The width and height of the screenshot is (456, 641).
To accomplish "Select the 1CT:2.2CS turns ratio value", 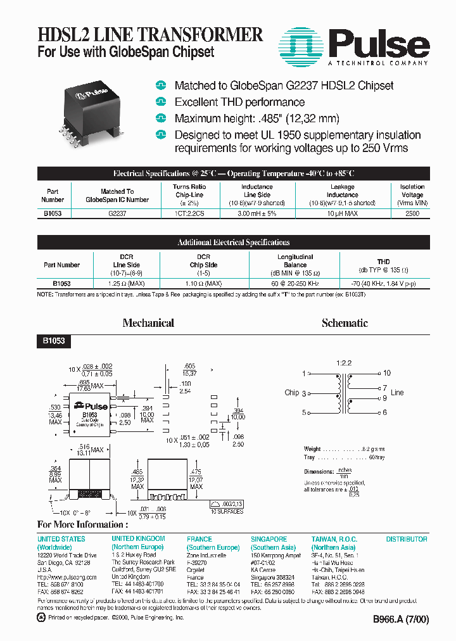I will pyautogui.click(x=189, y=214).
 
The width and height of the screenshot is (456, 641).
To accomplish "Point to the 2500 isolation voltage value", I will pyautogui.click(x=412, y=214).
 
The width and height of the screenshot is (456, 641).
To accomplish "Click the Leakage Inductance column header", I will pyautogui.click(x=343, y=195).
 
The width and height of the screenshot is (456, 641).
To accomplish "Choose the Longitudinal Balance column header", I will pyautogui.click(x=295, y=261).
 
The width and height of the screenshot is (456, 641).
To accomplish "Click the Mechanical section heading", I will pyautogui.click(x=148, y=323).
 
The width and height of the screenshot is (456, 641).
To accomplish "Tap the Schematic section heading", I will pyautogui.click(x=345, y=323).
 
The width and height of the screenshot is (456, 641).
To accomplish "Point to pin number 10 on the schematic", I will pyautogui.click(x=387, y=373).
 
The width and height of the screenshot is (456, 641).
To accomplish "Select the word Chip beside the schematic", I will pyautogui.click(x=292, y=393).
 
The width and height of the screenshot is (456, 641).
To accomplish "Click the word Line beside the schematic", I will pyautogui.click(x=397, y=393).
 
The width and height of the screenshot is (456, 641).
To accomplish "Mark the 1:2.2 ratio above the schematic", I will pyautogui.click(x=343, y=363).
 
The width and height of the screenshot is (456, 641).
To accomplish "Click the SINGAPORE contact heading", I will pyautogui.click(x=269, y=539).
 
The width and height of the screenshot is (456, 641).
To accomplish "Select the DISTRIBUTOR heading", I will pyautogui.click(x=407, y=539).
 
